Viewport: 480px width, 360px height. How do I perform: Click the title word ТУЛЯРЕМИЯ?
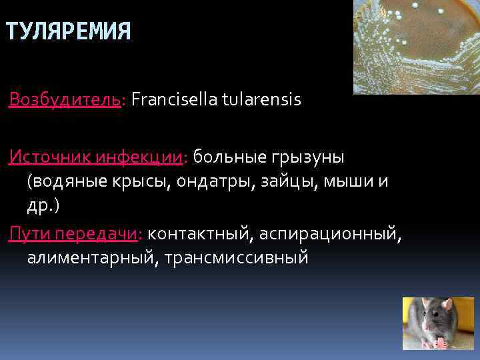pos(68,31)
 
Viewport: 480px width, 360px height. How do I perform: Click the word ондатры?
pos(217,181)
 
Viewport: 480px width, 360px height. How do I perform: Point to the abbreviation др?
pos(40,205)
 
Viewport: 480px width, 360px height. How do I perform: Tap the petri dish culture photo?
pos(415,47)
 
